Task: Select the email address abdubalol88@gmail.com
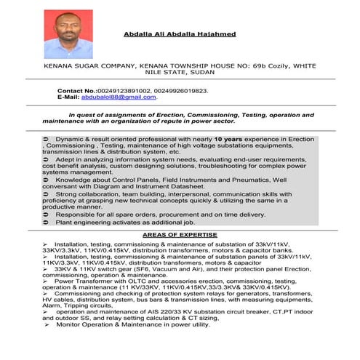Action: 119,97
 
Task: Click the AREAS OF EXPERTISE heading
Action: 180,235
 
